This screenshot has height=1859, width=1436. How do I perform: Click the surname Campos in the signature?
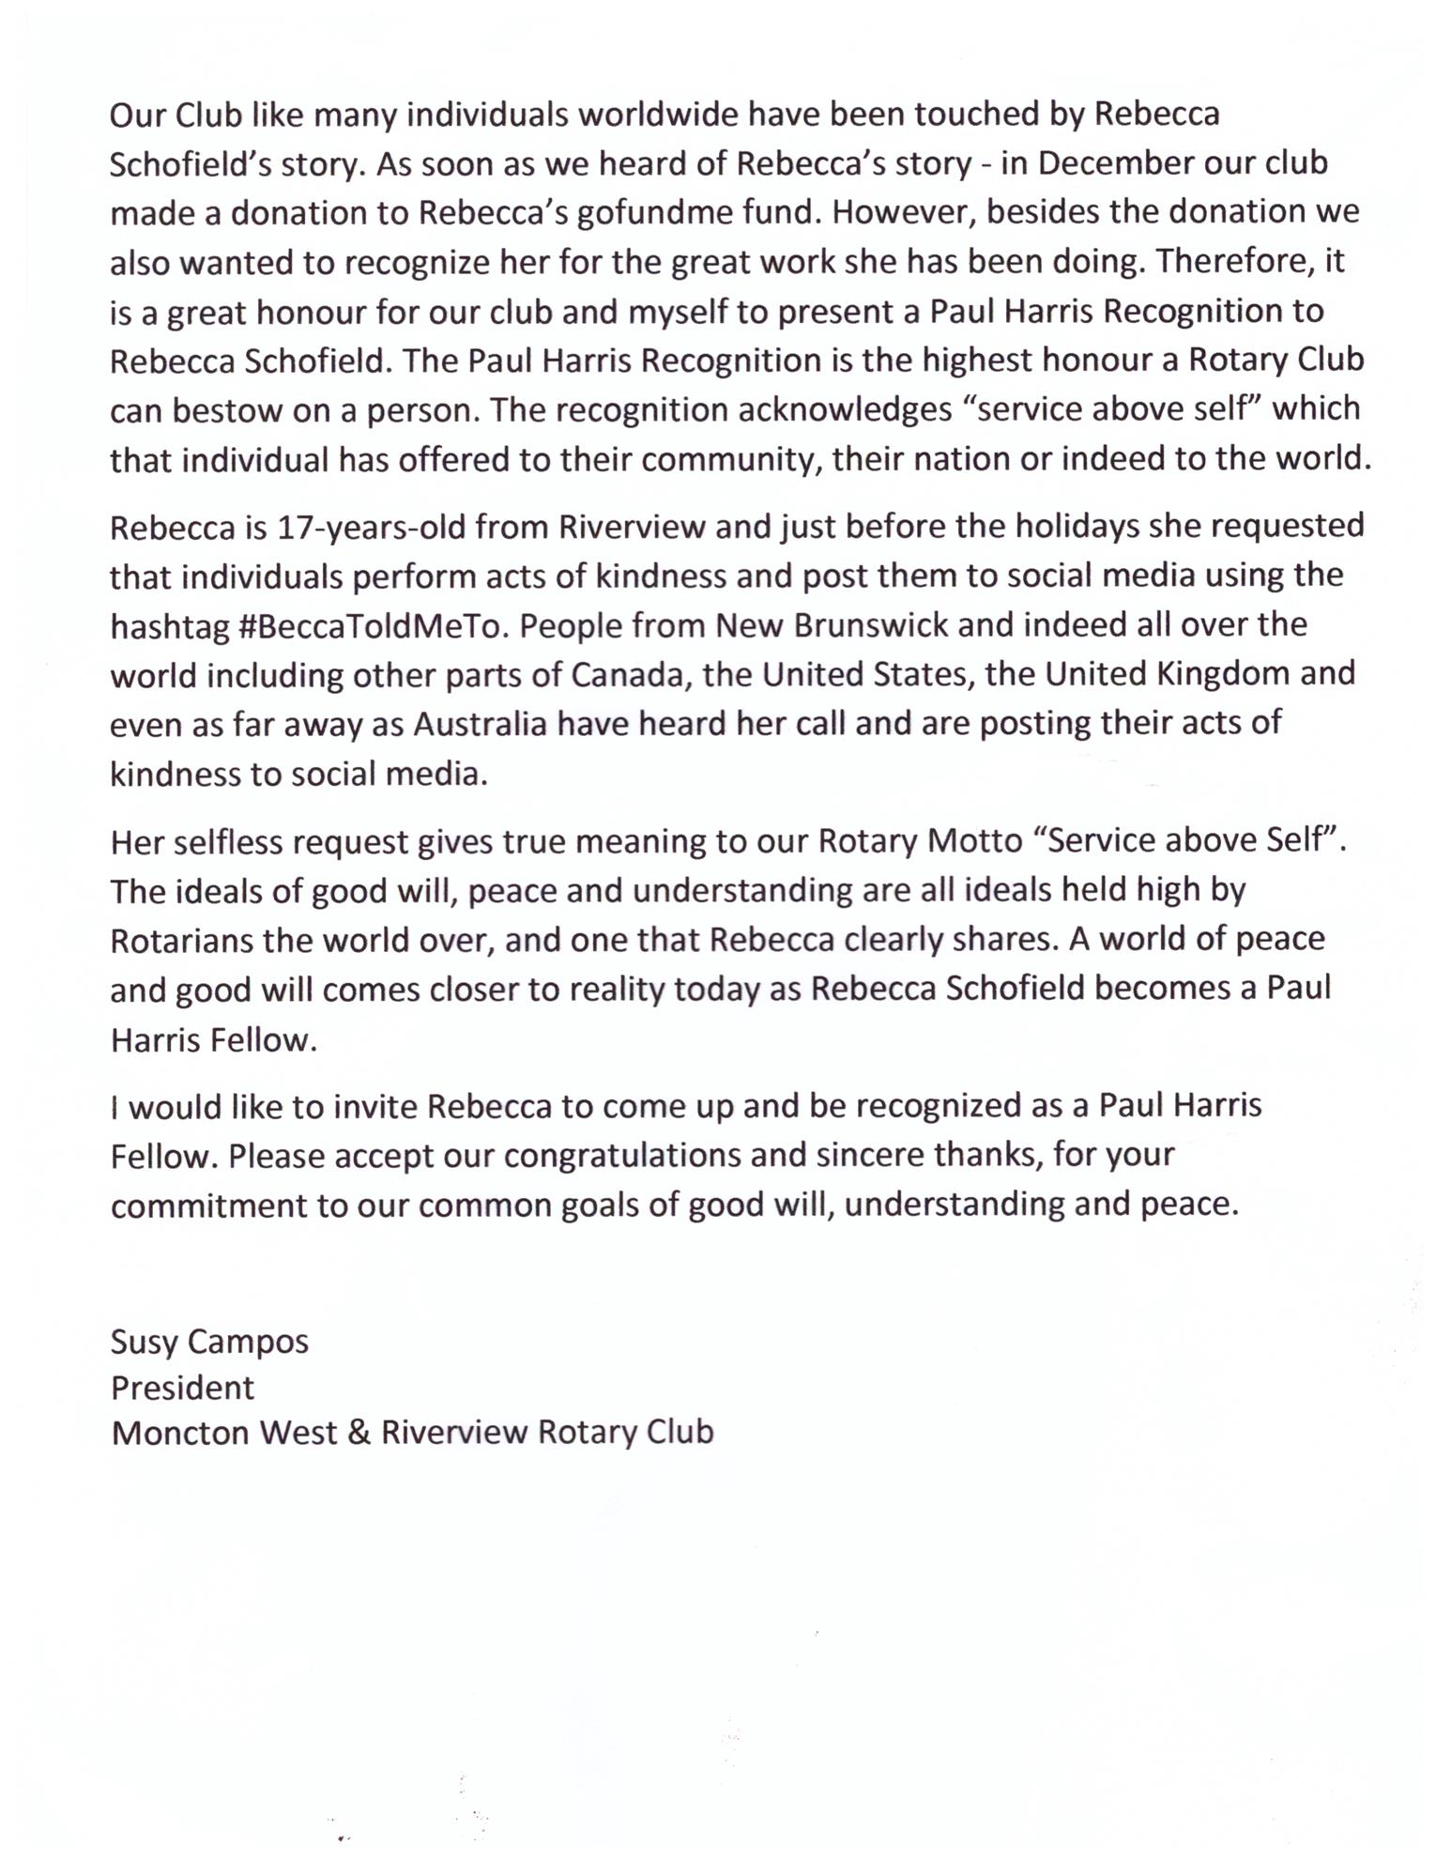pos(248,1342)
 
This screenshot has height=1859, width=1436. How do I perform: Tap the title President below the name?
pos(182,1388)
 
